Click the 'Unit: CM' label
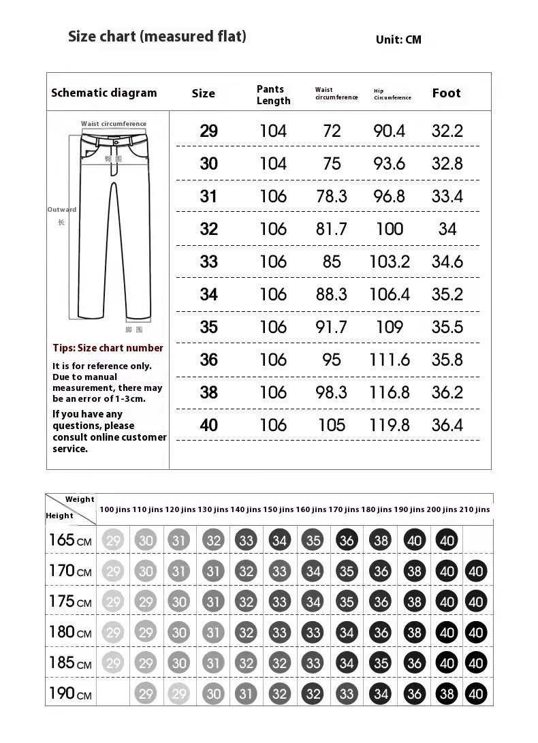pyautogui.click(x=398, y=39)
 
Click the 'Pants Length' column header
pyautogui.click(x=273, y=95)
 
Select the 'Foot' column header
pyautogui.click(x=446, y=93)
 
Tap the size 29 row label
pyautogui.click(x=208, y=131)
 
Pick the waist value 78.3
pyautogui.click(x=332, y=196)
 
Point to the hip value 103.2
pyautogui.click(x=390, y=262)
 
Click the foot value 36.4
pyautogui.click(x=447, y=425)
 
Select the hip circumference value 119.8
pyautogui.click(x=390, y=425)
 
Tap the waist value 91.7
pyautogui.click(x=332, y=327)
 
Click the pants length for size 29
pyautogui.click(x=273, y=131)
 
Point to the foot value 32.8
pyautogui.click(x=447, y=163)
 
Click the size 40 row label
pyautogui.click(x=208, y=425)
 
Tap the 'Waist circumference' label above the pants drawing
pyautogui.click(x=114, y=124)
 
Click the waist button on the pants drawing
pyautogui.click(x=113, y=142)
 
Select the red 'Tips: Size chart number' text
pyautogui.click(x=108, y=348)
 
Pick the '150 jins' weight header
pyautogui.click(x=279, y=509)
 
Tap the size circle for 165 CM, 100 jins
pyautogui.click(x=113, y=541)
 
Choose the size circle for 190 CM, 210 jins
pyautogui.click(x=476, y=694)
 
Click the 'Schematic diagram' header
pyautogui.click(x=104, y=93)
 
